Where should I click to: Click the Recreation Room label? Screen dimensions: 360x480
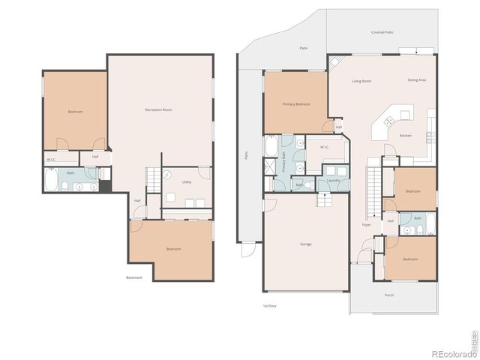158,110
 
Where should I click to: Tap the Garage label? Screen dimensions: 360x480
306,244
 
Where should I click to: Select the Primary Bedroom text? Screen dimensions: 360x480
296,104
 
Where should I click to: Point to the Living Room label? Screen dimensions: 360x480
362,81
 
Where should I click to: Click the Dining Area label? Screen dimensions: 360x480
417,79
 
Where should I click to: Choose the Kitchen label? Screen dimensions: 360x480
405,136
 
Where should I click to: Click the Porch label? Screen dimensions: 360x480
389,295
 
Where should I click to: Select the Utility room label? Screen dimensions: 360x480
186,181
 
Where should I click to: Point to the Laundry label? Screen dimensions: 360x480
333,181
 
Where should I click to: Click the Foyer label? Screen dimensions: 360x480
367,224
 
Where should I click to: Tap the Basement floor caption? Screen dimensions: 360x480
134,277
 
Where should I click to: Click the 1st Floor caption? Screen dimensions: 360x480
270,306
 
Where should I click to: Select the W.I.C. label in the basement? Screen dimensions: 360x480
51,160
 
